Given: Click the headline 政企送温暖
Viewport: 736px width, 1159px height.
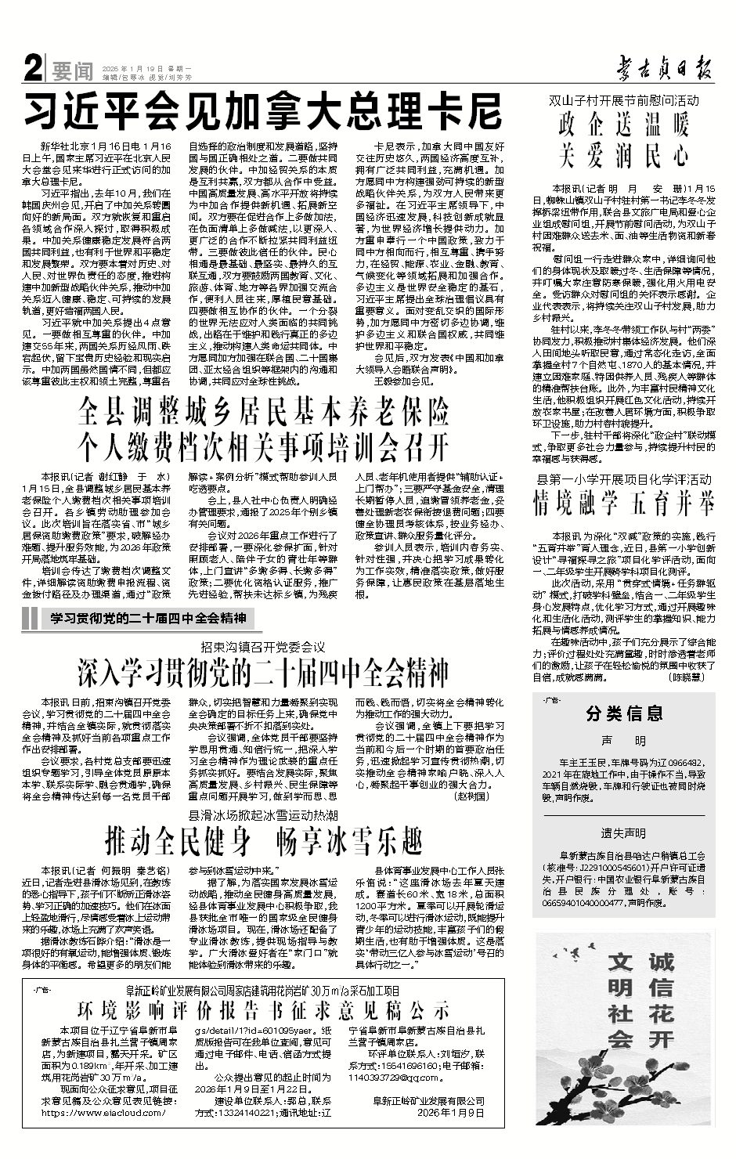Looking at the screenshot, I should pyautogui.click(x=623, y=125).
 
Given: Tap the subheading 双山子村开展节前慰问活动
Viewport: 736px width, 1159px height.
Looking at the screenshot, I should pyautogui.click(x=623, y=101).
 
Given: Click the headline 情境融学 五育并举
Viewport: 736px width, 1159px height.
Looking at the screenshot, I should pyautogui.click(x=623, y=500).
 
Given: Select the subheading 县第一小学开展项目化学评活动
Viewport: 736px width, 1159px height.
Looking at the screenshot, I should pyautogui.click(x=623, y=478).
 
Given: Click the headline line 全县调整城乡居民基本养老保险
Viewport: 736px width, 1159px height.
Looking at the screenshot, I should pyautogui.click(x=264, y=412).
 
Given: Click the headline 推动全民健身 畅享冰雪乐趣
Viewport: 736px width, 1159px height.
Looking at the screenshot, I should pyautogui.click(x=264, y=841).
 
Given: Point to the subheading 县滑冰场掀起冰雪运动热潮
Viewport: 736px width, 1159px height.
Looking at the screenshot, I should pyautogui.click(x=262, y=814).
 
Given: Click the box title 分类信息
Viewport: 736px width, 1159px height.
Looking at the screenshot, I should pyautogui.click(x=623, y=713).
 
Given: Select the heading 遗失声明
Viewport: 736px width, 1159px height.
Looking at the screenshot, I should pyautogui.click(x=623, y=832).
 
